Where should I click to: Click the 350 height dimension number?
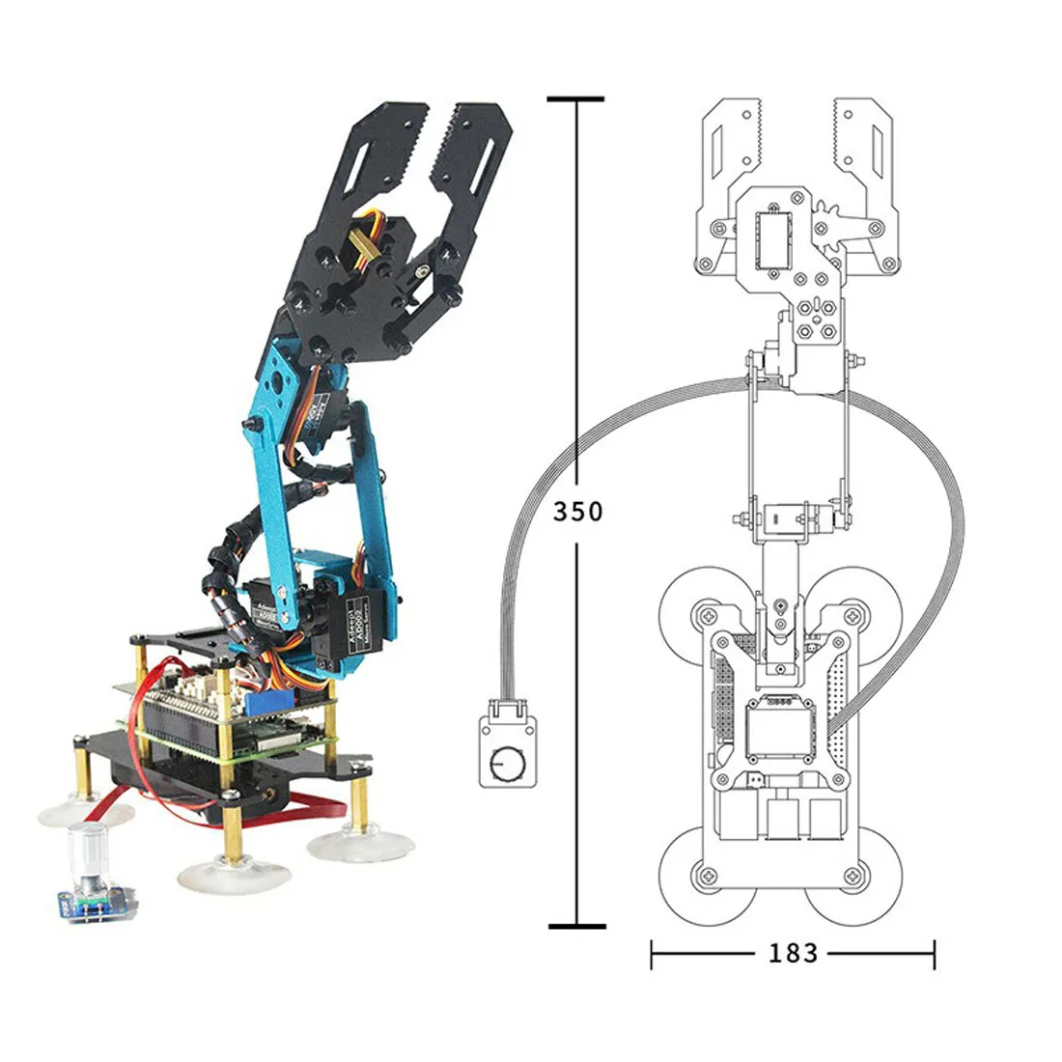577,511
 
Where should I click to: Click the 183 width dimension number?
793,954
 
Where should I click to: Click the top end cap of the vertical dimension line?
576,98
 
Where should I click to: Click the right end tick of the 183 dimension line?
934,955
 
